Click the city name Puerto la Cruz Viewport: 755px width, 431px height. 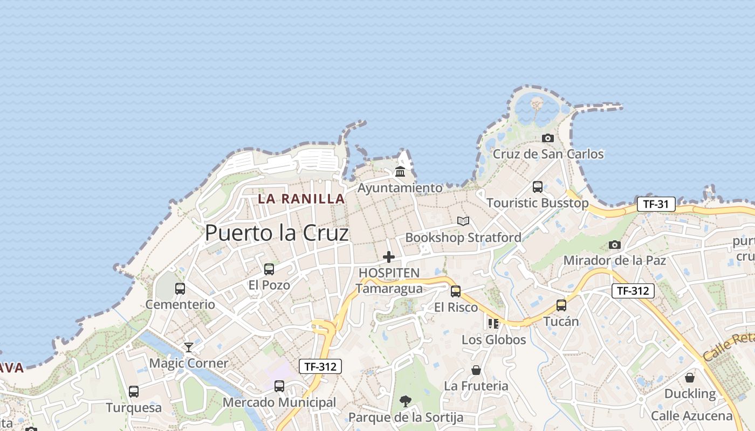point(277,233)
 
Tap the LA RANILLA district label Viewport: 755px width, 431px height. point(301,198)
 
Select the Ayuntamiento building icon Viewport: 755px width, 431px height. point(400,172)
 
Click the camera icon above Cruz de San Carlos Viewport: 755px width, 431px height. point(548,138)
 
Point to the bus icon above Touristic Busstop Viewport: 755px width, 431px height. point(538,187)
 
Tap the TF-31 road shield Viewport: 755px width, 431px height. point(656,204)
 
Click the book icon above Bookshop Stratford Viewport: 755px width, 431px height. point(463,221)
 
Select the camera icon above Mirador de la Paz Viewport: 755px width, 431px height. point(614,245)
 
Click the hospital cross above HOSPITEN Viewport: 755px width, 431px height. point(388,257)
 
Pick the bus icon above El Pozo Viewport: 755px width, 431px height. point(269,269)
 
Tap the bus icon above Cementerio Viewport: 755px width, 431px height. point(180,289)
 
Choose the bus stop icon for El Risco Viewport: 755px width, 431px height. point(456,291)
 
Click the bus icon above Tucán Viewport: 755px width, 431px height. point(561,305)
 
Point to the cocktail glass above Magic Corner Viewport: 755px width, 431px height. point(189,347)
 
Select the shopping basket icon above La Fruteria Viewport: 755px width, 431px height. point(476,370)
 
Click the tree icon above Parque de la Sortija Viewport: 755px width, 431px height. point(406,401)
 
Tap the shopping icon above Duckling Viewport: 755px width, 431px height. point(689,378)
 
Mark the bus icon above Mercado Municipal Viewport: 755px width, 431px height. point(279,386)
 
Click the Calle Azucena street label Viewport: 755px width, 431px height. point(691,416)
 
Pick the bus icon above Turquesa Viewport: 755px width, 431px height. point(134,392)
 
